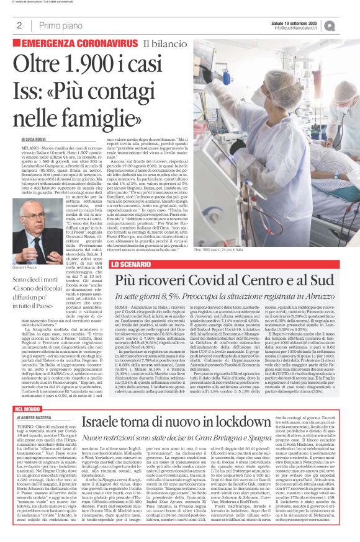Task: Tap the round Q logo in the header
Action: (x=348, y=25)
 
